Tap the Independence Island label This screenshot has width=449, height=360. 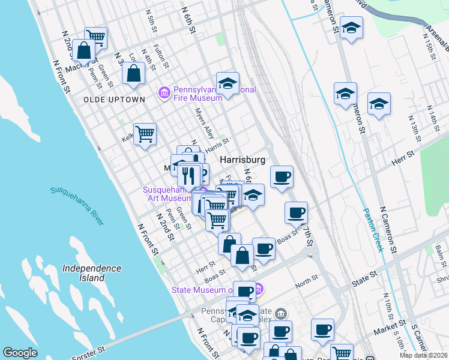point(91,273)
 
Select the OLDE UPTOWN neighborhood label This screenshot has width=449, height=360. point(114,99)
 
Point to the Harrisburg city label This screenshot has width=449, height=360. point(243,160)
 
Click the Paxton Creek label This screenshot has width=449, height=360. point(373,230)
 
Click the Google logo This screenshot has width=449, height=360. point(20,353)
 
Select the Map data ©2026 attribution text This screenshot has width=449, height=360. point(423,355)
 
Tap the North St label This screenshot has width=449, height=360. point(306,278)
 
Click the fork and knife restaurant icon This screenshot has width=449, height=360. point(189,175)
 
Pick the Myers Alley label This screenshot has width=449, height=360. point(205,123)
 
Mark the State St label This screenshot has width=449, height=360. point(364,274)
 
